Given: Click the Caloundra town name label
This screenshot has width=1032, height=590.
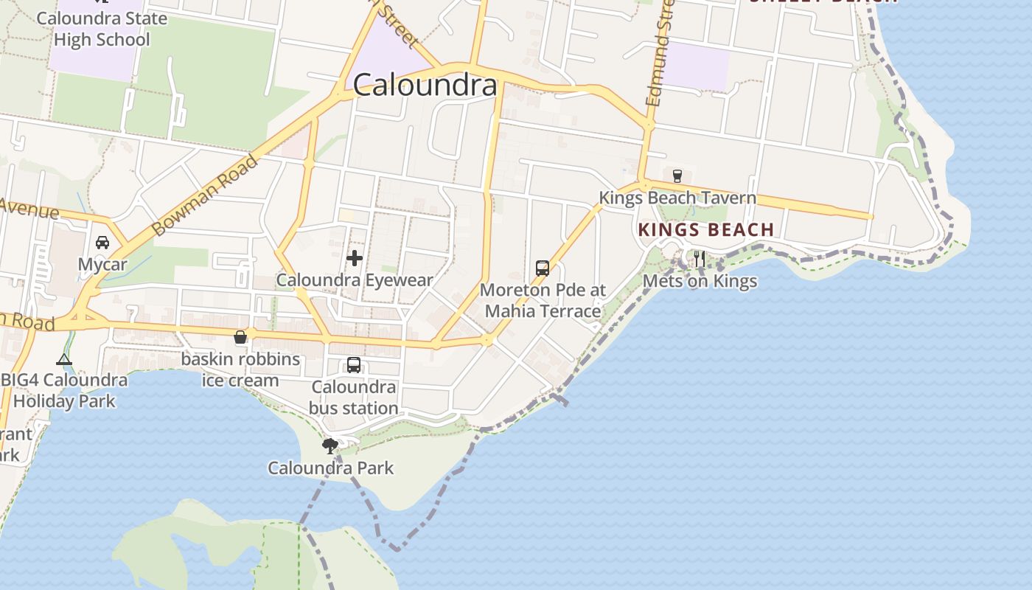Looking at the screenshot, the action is pyautogui.click(x=425, y=86).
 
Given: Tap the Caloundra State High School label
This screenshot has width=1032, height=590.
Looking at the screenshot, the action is pyautogui.click(x=102, y=29).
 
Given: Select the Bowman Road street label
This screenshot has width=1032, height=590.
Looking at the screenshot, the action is pyautogui.click(x=205, y=195).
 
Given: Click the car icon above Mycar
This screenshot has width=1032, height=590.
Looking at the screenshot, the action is pyautogui.click(x=102, y=243).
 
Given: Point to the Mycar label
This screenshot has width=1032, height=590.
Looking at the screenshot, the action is pyautogui.click(x=102, y=264).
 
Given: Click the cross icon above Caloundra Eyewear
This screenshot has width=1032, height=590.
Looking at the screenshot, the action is pyautogui.click(x=355, y=258).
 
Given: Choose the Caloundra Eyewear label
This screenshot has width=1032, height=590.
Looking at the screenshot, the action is pyautogui.click(x=355, y=280).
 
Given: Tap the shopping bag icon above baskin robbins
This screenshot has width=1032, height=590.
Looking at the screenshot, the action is pyautogui.click(x=240, y=338).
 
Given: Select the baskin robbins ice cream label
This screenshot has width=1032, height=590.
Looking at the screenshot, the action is pyautogui.click(x=240, y=370).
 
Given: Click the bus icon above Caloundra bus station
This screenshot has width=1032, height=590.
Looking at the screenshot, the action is pyautogui.click(x=354, y=365).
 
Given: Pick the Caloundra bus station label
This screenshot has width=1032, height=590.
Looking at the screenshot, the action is pyautogui.click(x=354, y=398).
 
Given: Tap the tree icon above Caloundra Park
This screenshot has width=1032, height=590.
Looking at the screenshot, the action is pyautogui.click(x=330, y=445).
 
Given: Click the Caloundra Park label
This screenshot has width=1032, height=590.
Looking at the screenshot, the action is pyautogui.click(x=330, y=468).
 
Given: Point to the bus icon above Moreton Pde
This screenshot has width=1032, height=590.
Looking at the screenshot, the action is pyautogui.click(x=543, y=268).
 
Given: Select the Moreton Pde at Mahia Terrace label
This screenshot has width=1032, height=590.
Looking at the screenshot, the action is pyautogui.click(x=543, y=300).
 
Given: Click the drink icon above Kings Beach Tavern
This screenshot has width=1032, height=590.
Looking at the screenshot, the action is pyautogui.click(x=677, y=176).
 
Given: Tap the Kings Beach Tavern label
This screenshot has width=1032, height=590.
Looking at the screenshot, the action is pyautogui.click(x=677, y=198).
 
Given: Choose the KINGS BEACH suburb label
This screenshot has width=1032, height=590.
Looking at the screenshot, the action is pyautogui.click(x=706, y=229).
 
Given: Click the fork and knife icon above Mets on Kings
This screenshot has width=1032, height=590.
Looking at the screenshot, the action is pyautogui.click(x=700, y=259).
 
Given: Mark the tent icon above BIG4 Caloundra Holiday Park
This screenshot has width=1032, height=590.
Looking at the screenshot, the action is pyautogui.click(x=64, y=360).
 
